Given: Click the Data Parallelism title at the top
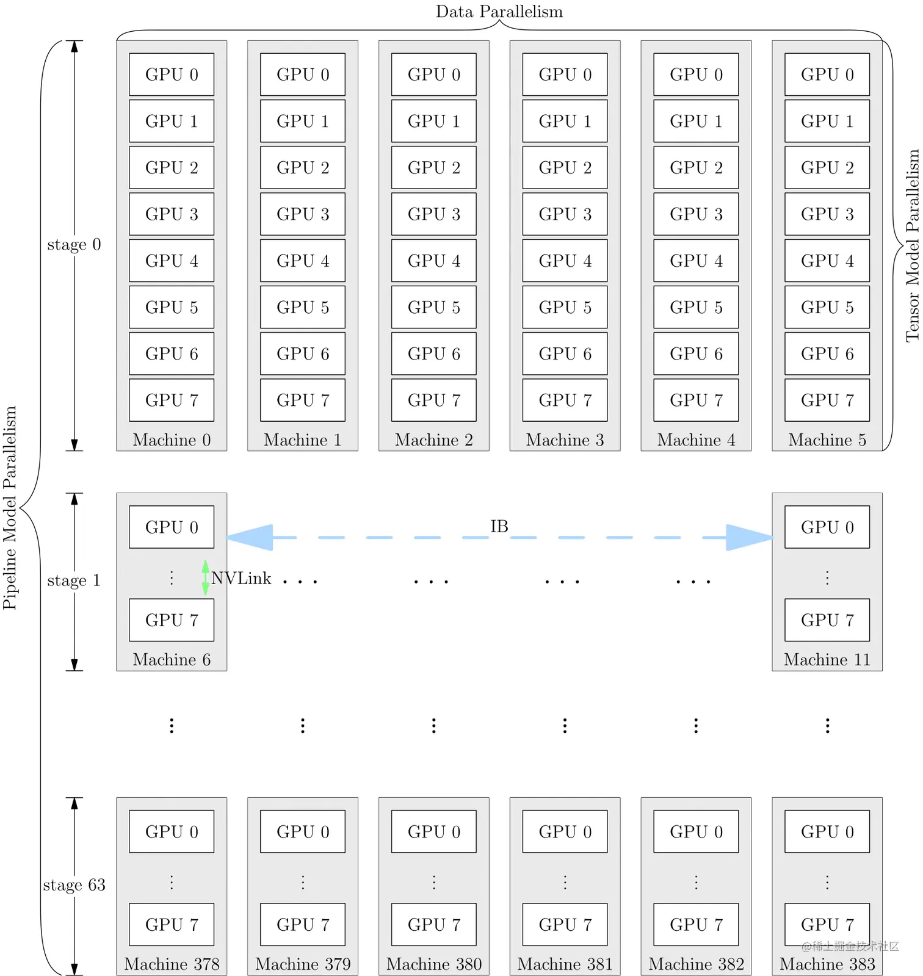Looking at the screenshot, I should tap(499, 12).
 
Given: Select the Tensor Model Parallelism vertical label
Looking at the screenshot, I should tap(912, 245).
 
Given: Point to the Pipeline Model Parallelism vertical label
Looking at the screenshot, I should tap(10, 508).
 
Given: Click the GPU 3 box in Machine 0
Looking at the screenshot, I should tap(172, 214).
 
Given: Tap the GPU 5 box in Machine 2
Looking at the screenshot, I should tap(433, 307).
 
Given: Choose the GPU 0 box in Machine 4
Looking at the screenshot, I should tap(696, 74).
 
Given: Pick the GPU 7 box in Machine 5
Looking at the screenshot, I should tap(827, 400).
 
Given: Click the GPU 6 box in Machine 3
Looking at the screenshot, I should tap(565, 354).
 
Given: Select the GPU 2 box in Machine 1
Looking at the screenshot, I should tap(303, 168).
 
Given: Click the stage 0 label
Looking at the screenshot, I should tap(74, 245).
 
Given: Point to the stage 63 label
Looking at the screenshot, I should tap(74, 885).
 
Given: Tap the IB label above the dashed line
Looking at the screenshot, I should tap(499, 526).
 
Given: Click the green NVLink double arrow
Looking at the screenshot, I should tap(205, 577).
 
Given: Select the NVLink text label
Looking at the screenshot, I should tap(241, 578).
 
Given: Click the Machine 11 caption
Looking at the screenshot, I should tap(827, 660).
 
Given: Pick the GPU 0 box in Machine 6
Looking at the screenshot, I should tap(172, 527).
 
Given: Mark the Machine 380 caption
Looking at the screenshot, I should tap(433, 964).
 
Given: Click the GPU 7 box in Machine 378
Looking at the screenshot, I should tap(172, 925).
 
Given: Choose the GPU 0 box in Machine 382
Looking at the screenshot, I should tap(696, 832).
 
